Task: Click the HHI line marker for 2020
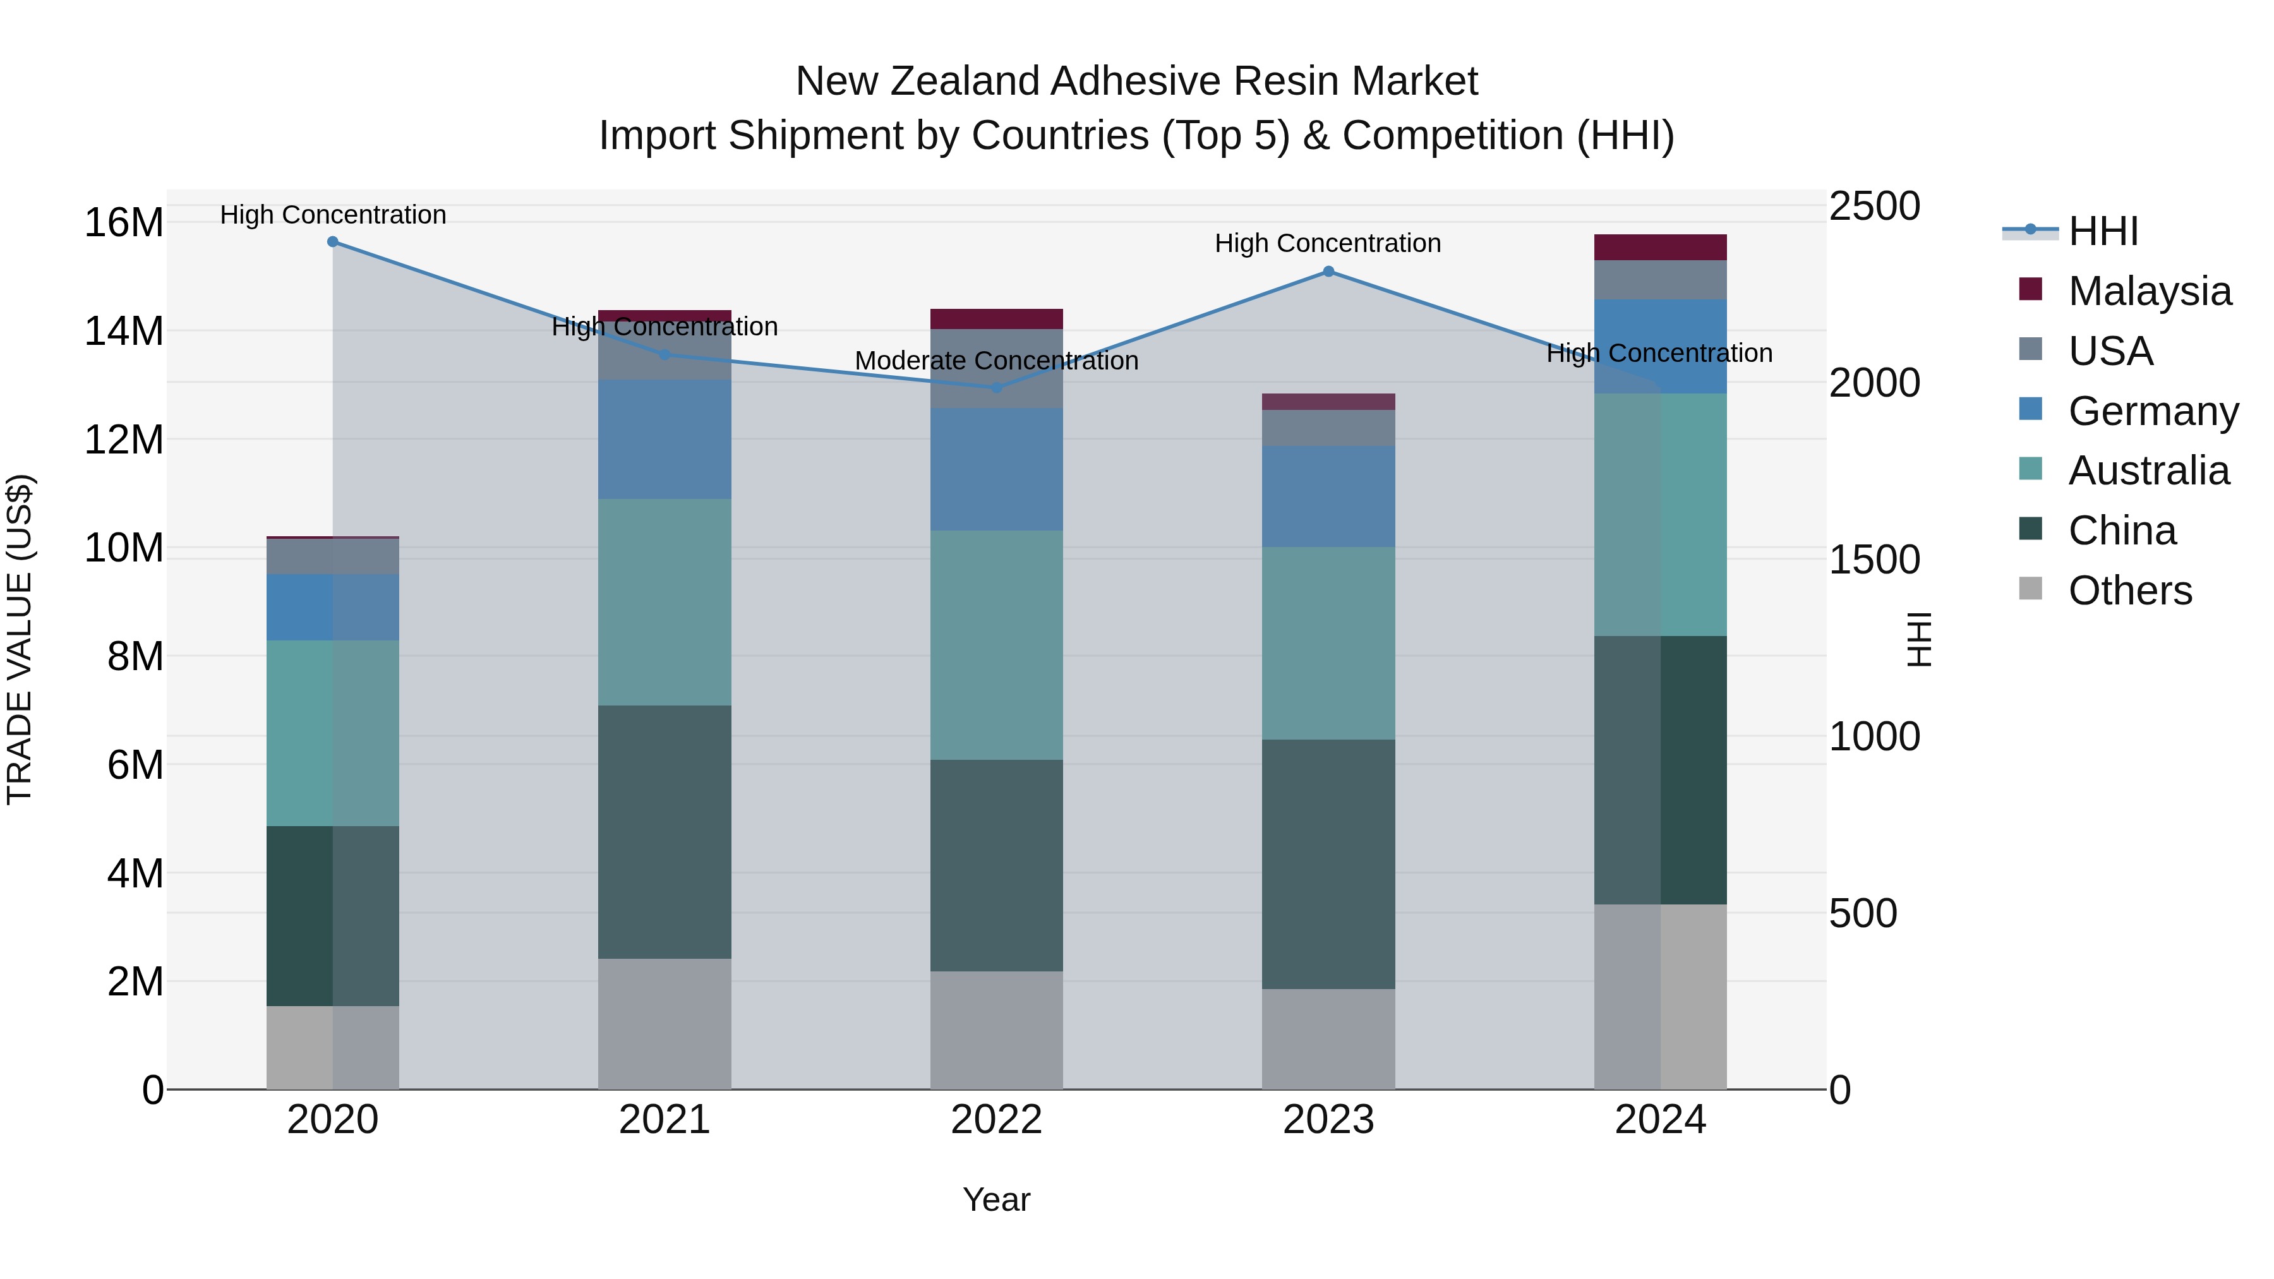[333, 242]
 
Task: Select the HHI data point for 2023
[1328, 272]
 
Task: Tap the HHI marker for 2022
[997, 388]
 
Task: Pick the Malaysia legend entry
[2149, 291]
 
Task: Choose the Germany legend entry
[2152, 411]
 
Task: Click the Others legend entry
[2129, 591]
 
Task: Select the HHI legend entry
[2103, 231]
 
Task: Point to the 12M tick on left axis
[124, 440]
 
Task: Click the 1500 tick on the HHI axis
[1874, 560]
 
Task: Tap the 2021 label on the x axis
[664, 1120]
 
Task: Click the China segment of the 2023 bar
[1328, 864]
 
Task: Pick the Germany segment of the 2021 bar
[664, 440]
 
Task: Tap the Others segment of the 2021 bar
[664, 1024]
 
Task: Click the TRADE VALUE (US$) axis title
[20, 639]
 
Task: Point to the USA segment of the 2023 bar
[1328, 428]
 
